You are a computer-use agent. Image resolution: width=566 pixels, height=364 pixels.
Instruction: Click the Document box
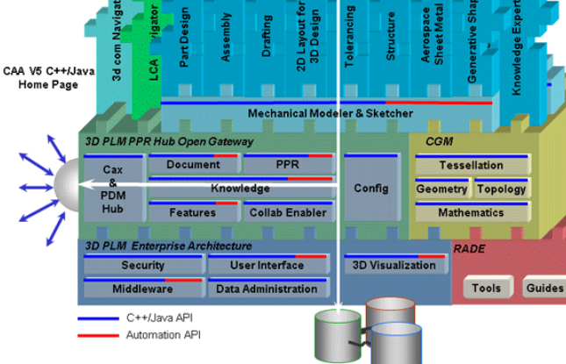(x=193, y=165)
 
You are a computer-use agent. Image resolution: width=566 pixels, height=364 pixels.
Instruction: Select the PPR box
(x=287, y=165)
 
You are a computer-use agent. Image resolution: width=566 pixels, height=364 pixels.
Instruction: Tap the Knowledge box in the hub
(x=240, y=188)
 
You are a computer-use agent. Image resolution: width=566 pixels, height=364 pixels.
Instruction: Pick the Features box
(x=193, y=212)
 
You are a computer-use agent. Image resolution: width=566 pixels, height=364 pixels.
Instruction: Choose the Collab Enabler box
(x=287, y=212)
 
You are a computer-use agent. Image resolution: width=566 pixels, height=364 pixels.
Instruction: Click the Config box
(x=370, y=188)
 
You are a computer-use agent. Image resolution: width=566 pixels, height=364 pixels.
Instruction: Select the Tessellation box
(x=471, y=165)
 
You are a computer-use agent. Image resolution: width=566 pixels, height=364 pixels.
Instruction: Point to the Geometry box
(x=441, y=189)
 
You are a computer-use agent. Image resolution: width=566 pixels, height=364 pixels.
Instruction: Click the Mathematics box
(x=471, y=212)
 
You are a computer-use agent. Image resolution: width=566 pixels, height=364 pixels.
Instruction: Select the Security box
(x=143, y=266)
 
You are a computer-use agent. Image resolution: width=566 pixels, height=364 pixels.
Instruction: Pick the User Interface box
(x=267, y=266)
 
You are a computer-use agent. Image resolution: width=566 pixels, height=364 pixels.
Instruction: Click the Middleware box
(x=143, y=289)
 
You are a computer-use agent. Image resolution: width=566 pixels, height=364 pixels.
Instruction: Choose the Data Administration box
(x=267, y=289)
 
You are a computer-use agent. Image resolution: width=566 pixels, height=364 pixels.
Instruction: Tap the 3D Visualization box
(x=393, y=266)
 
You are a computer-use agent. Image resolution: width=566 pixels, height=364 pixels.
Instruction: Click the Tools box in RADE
(x=486, y=288)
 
